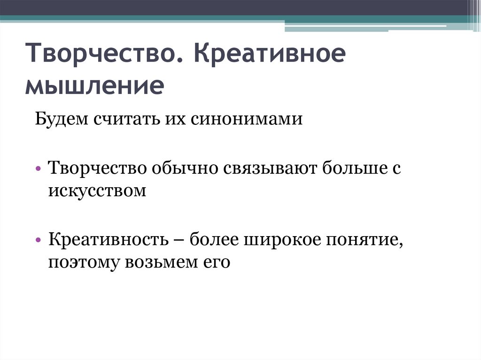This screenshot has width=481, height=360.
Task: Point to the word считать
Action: (x=124, y=119)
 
